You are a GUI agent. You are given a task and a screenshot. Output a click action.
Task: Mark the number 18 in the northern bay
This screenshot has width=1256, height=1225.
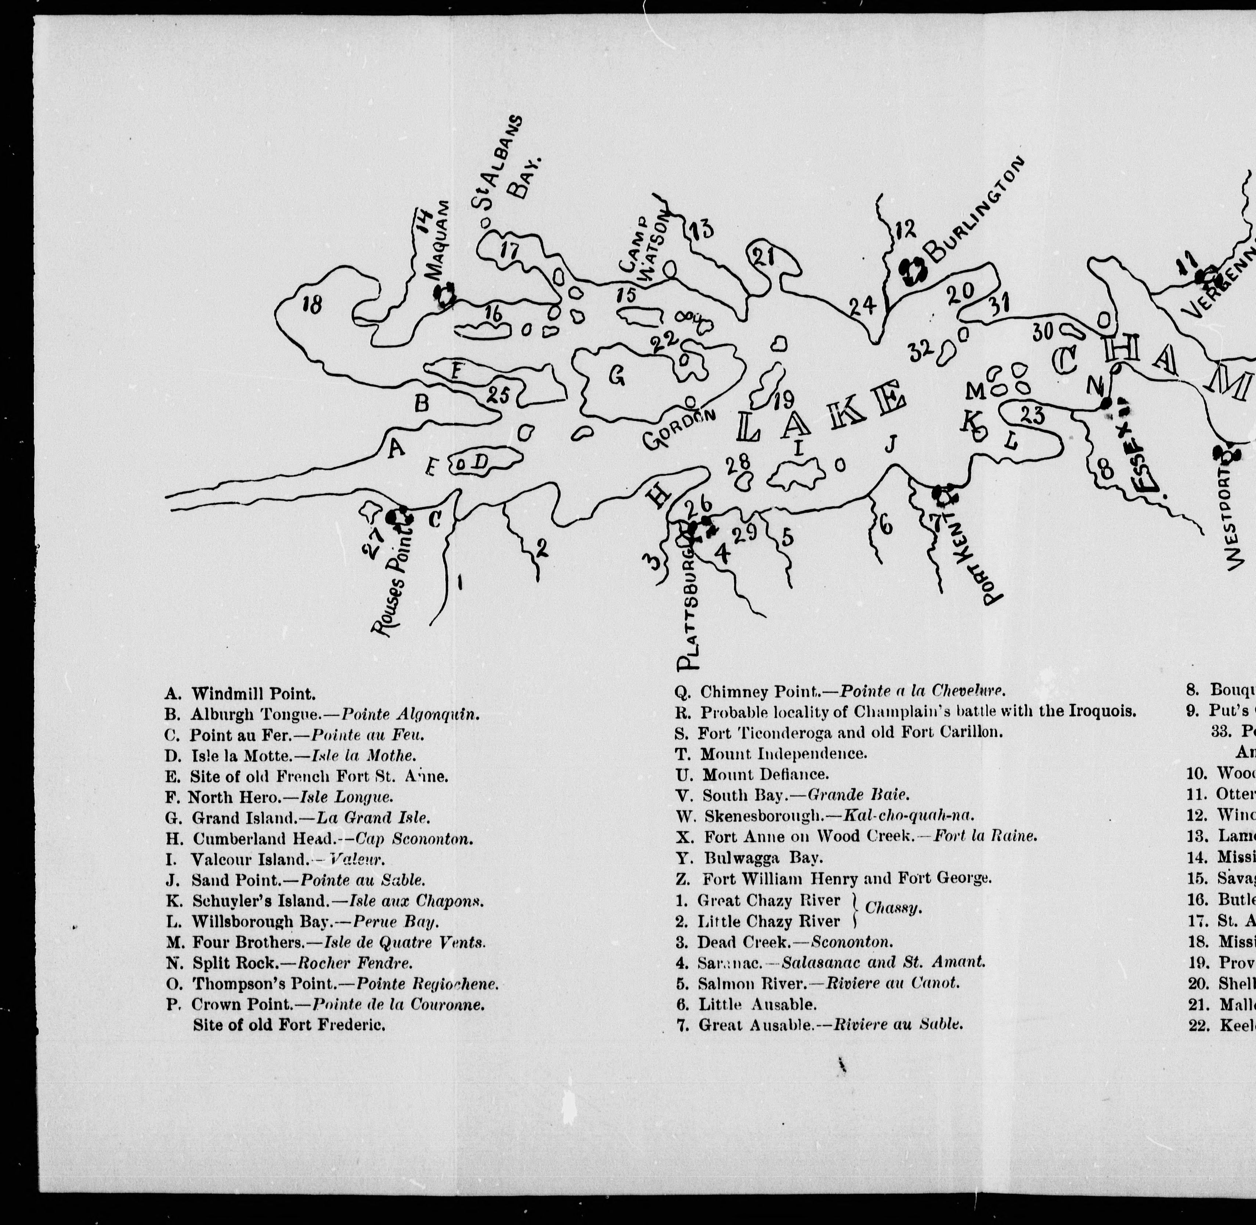tap(313, 304)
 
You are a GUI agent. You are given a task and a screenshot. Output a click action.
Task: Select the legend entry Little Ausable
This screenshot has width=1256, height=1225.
tap(746, 1004)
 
